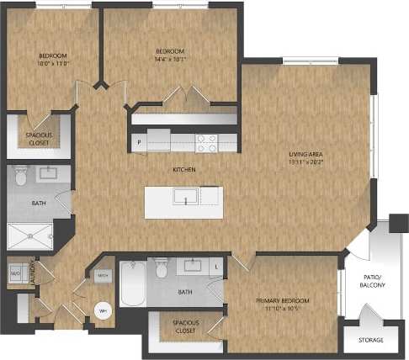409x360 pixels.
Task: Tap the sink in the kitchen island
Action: [185, 197]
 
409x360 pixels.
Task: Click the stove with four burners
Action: [206, 143]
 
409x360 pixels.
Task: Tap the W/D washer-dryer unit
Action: [15, 274]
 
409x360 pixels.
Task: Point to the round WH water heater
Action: [103, 310]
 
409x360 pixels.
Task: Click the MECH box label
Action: [103, 276]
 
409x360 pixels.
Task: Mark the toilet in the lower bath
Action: [162, 268]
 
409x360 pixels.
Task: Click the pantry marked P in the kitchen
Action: [139, 144]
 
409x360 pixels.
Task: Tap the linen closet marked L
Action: [216, 267]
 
